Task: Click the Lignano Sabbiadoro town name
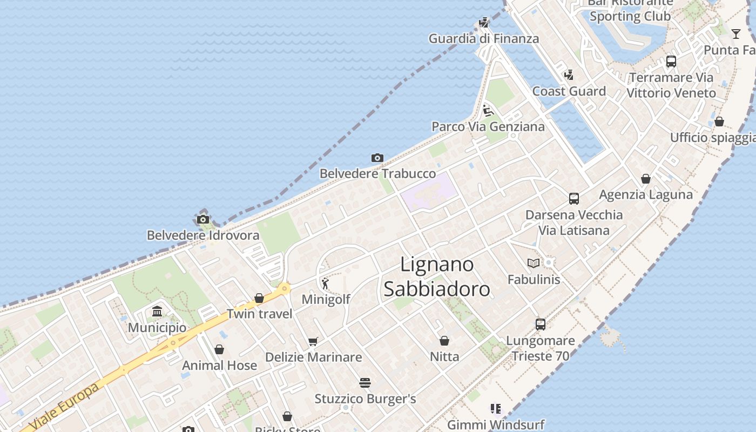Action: tap(437, 276)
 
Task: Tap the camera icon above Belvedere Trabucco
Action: tap(377, 158)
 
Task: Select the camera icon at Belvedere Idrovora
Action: tap(203, 219)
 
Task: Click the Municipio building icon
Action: tap(157, 312)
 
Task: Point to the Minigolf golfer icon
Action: tap(325, 283)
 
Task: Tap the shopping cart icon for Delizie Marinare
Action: tap(313, 341)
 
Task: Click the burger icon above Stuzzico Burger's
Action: tap(365, 383)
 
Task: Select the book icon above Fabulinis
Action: tap(534, 264)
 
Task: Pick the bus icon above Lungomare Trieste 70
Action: tap(541, 325)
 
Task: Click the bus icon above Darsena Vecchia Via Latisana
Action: tap(574, 199)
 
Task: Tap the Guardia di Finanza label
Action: tap(484, 38)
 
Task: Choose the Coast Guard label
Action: tap(569, 91)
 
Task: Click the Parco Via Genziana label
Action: tap(488, 126)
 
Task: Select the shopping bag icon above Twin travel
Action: tap(259, 298)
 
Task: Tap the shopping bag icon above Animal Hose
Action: tap(219, 349)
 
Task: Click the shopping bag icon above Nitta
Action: tap(444, 341)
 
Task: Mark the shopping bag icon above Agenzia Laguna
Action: tap(646, 179)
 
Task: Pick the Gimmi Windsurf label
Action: tap(496, 424)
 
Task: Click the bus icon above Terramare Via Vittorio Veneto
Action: tap(671, 62)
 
